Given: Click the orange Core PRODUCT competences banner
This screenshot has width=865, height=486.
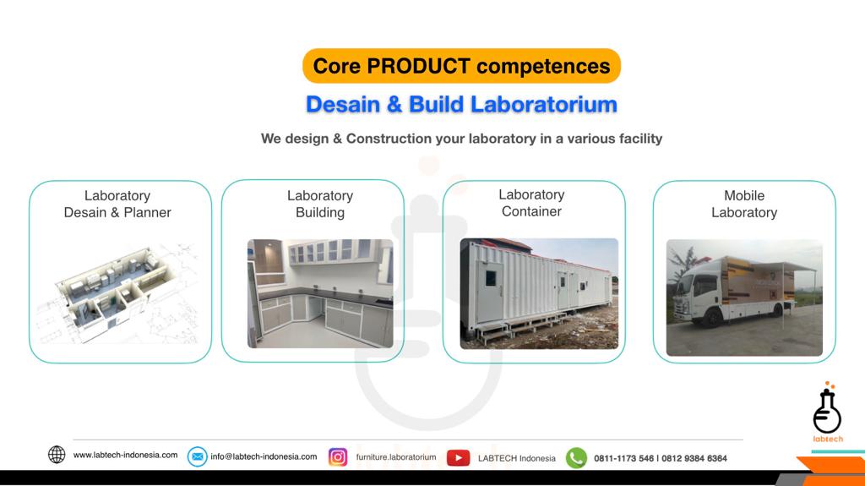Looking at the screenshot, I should coord(461,66).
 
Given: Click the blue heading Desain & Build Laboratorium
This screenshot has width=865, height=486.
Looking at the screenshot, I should coord(461,105).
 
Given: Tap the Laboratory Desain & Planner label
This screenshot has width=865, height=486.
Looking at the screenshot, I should coord(117,204).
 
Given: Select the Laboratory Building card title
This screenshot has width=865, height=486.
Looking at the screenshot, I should coord(319,204).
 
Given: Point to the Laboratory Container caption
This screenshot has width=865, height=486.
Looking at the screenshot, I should coord(531,203).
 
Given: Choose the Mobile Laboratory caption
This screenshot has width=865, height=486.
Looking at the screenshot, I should coord(743,204).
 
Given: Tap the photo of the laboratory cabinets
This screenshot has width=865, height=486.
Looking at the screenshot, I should coord(319,293).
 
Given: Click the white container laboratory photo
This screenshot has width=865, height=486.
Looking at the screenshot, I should coord(539,293).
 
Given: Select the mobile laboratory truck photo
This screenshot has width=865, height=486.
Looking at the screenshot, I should coord(743,297).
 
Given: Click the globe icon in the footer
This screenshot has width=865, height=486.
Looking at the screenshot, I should coord(57,455).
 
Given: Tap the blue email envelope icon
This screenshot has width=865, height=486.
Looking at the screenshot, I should coord(197,456).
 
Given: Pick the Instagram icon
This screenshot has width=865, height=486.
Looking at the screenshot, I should coord(338,457).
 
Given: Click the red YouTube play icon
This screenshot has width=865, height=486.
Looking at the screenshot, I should coord(458,457).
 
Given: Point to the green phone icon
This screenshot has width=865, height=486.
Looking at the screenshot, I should coord(576,457).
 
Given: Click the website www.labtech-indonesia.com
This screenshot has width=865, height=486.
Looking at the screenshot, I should coord(125,455).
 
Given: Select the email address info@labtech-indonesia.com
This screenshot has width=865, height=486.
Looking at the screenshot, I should coord(264,456).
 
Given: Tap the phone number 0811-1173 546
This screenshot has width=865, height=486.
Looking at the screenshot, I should coord(624,458).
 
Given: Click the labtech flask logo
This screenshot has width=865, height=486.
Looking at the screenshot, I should coord(827,412).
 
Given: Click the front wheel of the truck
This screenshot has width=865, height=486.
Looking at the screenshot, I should coord(714,318).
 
